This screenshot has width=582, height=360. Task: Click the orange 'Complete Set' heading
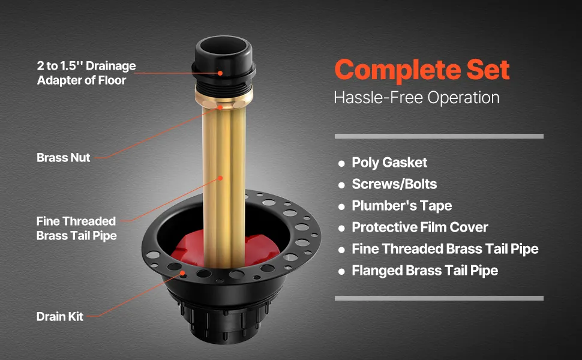(x=422, y=70)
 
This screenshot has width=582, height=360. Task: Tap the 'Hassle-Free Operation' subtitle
(x=416, y=98)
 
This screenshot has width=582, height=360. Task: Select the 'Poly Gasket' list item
(x=389, y=163)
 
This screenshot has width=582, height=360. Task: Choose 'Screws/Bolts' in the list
(x=394, y=184)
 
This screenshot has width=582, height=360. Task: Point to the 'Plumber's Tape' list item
(x=401, y=206)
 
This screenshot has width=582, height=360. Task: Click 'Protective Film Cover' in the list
(x=420, y=227)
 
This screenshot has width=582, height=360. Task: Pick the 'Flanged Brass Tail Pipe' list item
(x=425, y=271)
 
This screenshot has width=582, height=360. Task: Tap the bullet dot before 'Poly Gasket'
(x=341, y=163)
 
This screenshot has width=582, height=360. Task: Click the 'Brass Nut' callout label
(x=63, y=158)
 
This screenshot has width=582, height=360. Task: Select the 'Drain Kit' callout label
(x=60, y=317)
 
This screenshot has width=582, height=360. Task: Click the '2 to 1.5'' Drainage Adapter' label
(x=86, y=73)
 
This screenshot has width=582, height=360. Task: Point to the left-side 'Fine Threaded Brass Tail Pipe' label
(x=76, y=228)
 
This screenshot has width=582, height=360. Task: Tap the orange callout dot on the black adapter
(x=220, y=73)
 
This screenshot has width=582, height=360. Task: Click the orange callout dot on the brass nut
(x=220, y=107)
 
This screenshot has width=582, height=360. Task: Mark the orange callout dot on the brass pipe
(x=220, y=178)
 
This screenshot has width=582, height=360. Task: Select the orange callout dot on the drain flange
(x=182, y=273)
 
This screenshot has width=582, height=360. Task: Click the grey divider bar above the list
(x=439, y=136)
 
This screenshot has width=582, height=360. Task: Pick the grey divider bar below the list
(x=439, y=298)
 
